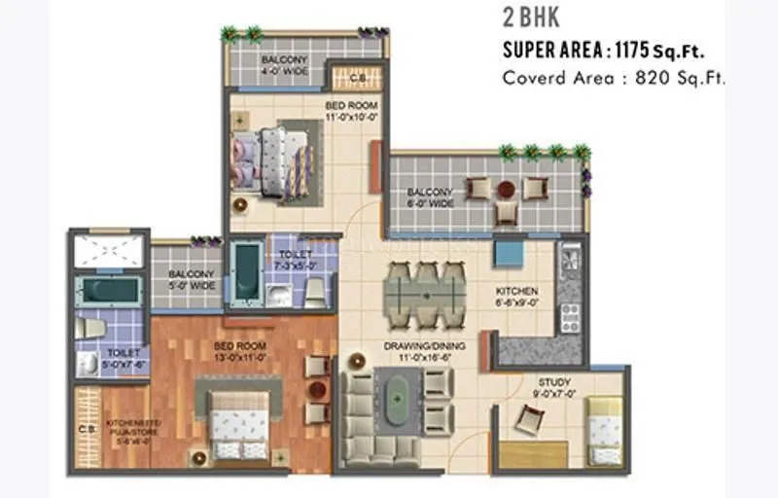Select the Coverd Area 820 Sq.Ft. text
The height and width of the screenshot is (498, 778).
point(614,78)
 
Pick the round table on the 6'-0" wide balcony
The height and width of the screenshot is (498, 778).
point(505,188)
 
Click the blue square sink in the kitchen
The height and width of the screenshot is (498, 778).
point(508,253)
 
